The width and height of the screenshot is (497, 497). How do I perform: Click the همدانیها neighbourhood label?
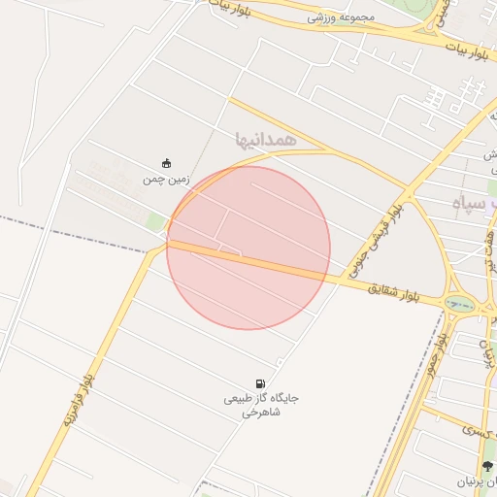[x=264, y=140]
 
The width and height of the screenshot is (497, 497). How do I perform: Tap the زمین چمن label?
[x=161, y=180]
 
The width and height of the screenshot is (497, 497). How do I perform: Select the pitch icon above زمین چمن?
[x=166, y=163]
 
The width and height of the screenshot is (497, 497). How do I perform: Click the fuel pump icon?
[x=260, y=383]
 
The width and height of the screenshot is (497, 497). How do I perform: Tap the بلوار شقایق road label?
[x=393, y=290]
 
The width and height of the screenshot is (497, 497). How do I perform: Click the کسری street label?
[x=477, y=430]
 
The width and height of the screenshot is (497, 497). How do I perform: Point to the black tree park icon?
[x=487, y=467]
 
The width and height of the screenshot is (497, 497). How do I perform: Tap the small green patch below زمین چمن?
[x=155, y=222]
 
